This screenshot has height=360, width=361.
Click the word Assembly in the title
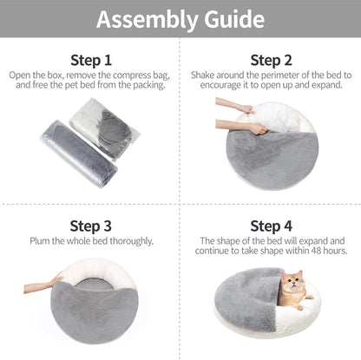[143, 19]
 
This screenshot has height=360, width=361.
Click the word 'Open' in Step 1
[21, 75]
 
